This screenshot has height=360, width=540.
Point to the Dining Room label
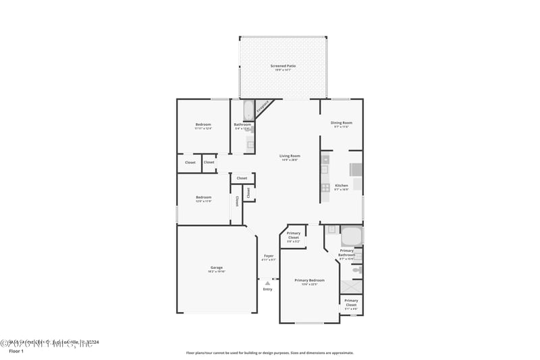click(341, 124)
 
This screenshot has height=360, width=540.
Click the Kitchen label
click(341, 187)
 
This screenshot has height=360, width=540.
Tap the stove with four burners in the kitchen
click(325, 188)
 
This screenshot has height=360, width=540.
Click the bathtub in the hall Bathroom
click(247, 109)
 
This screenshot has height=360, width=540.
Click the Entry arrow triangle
click(268, 284)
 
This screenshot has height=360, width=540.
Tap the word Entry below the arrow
click(268, 290)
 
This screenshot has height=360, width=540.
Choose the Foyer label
click(269, 257)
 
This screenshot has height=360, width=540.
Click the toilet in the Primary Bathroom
click(357, 269)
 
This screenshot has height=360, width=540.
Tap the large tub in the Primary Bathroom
click(351, 236)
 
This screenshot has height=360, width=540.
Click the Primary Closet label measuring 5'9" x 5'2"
click(293, 237)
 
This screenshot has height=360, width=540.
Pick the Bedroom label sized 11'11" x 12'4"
click(203, 126)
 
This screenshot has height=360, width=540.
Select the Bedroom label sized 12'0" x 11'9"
click(203, 199)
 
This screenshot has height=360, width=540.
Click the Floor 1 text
click(16, 351)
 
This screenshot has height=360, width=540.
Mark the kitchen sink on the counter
click(325, 170)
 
